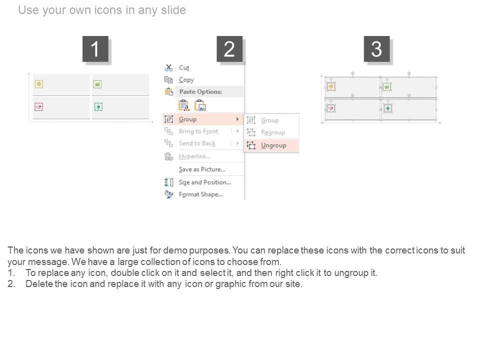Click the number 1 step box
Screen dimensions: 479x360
tap(95, 49)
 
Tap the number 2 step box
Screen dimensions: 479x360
tap(230, 49)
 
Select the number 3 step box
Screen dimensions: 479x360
tap(377, 49)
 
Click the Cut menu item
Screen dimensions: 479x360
tap(184, 67)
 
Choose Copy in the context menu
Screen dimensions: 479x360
tap(186, 80)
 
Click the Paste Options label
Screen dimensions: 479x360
tap(201, 91)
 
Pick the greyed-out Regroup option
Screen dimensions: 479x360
tap(273, 132)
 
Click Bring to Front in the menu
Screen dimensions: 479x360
tap(198, 131)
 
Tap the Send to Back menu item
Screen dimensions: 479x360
tap(197, 143)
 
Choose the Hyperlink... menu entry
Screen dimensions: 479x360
tap(195, 156)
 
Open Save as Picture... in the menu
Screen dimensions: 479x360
tap(202, 169)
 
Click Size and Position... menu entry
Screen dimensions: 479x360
tap(205, 182)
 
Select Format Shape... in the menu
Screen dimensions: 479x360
tap(201, 194)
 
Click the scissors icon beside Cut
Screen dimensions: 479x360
tap(169, 67)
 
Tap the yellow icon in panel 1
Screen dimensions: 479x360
tap(39, 84)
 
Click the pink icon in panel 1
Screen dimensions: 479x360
tap(39, 107)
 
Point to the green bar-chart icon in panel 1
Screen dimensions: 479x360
tap(97, 84)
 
